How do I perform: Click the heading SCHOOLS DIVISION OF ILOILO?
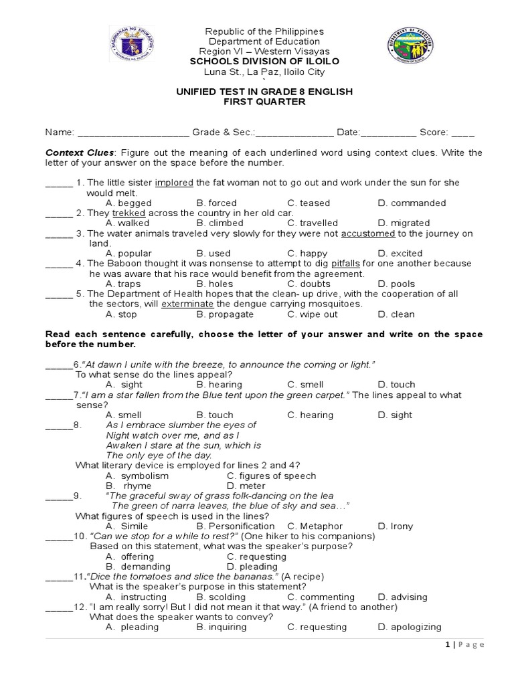pyautogui.click(x=264, y=62)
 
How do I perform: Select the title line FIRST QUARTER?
pyautogui.click(x=264, y=102)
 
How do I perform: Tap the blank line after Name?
pyautogui.click(x=134, y=132)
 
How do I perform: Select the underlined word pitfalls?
pyautogui.click(x=346, y=264)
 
